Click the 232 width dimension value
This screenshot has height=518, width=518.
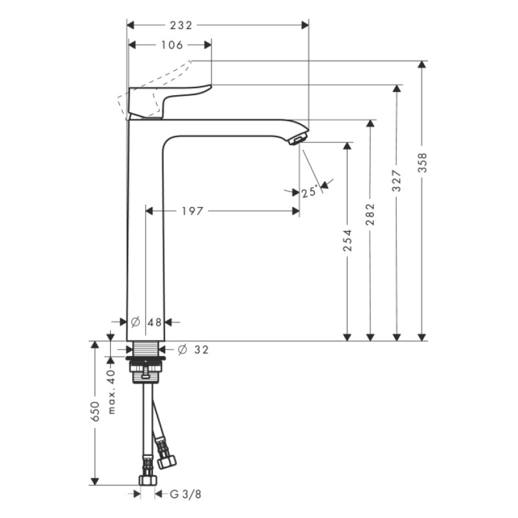[x=181, y=25]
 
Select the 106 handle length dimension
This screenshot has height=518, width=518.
[x=171, y=45]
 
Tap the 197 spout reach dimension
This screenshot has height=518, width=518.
[x=192, y=211]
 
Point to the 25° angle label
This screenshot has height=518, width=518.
[x=310, y=192]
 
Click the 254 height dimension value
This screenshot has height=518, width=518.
[x=348, y=241]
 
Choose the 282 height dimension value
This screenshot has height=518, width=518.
[x=371, y=214]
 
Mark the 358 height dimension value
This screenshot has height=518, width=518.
[x=422, y=166]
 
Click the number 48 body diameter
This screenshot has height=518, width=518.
[x=155, y=322]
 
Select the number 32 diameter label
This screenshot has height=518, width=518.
[x=201, y=350]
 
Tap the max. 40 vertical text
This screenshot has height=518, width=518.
[x=111, y=391]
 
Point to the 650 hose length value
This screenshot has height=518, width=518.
[x=95, y=412]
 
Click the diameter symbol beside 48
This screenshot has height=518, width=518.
[x=136, y=322]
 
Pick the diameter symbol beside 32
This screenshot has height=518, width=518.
[x=182, y=350]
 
